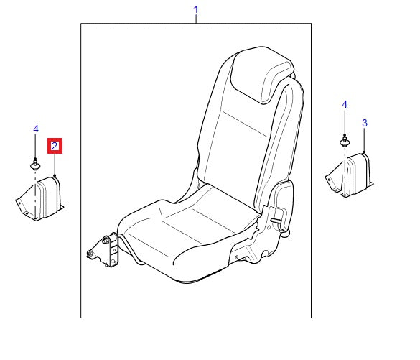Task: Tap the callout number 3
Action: (364, 124)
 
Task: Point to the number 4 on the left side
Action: (35, 129)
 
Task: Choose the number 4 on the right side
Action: (345, 105)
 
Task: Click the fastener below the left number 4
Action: (35, 165)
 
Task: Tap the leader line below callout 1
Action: (196, 19)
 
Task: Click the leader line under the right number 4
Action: (345, 123)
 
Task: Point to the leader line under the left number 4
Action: (35, 147)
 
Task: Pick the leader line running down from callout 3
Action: (364, 141)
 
